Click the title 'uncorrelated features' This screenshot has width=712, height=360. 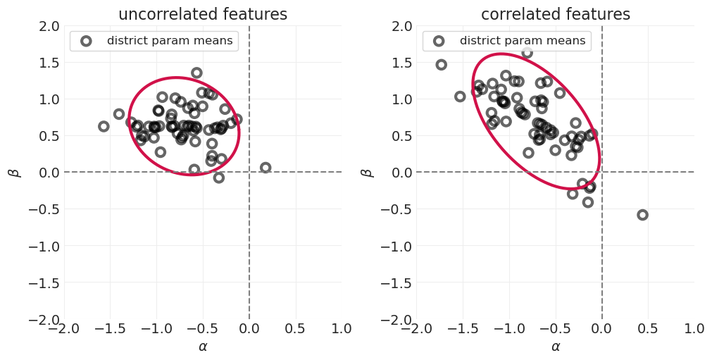coord(203,14)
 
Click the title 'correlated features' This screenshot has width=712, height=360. coord(555,14)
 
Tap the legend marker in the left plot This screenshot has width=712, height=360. coord(86,41)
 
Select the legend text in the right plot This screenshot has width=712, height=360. coord(522,41)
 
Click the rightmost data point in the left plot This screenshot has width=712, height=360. coord(266,168)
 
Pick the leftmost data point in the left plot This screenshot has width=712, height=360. coord(104,126)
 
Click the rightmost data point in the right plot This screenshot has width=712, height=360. coord(642,215)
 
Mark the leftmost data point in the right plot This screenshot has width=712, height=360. coord(441,65)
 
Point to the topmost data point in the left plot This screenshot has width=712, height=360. coord(196,73)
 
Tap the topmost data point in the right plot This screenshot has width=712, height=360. coord(527,53)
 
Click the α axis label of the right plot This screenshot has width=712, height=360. coord(555,347)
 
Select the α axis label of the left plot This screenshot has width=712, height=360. coord(203,347)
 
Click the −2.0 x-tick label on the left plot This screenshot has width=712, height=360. coord(64,328)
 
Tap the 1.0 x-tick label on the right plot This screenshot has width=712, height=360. coord(694,328)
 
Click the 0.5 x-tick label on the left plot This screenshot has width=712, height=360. coord(296,328)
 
